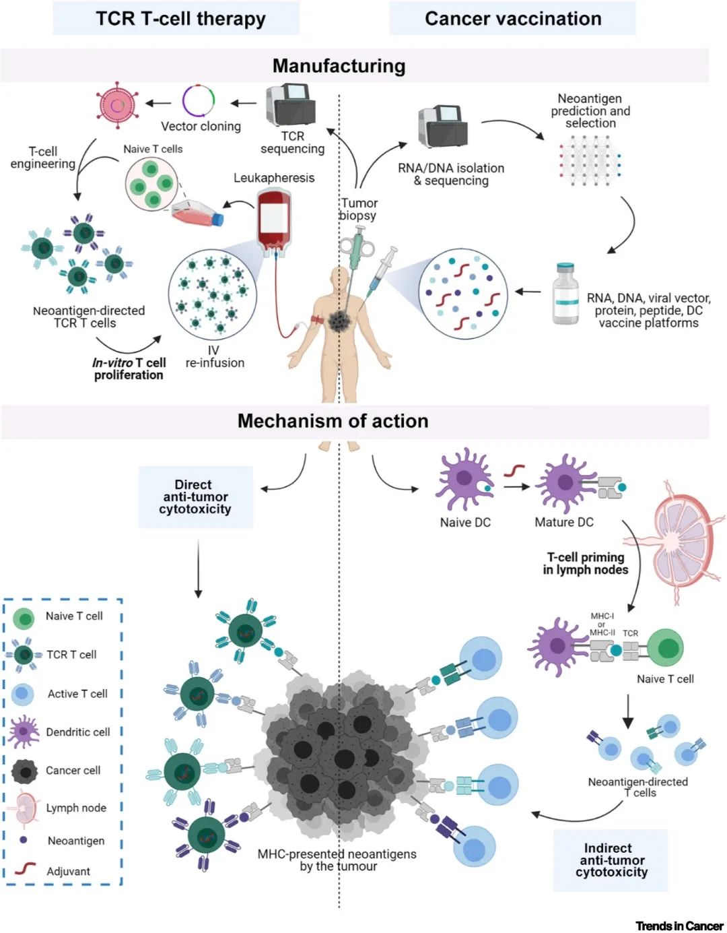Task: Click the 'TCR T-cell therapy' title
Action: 180,19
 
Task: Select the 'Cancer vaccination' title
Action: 513,19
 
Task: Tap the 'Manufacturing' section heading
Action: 339,66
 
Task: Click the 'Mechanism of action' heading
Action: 333,421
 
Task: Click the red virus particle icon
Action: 118,104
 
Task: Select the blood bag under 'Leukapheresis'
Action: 274,219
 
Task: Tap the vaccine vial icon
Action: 565,294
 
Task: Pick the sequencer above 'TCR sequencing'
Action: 290,105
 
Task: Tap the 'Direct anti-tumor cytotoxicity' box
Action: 195,497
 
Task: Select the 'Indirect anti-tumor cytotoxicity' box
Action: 611,860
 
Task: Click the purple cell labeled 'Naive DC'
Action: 464,480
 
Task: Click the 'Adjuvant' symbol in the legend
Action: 26,869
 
